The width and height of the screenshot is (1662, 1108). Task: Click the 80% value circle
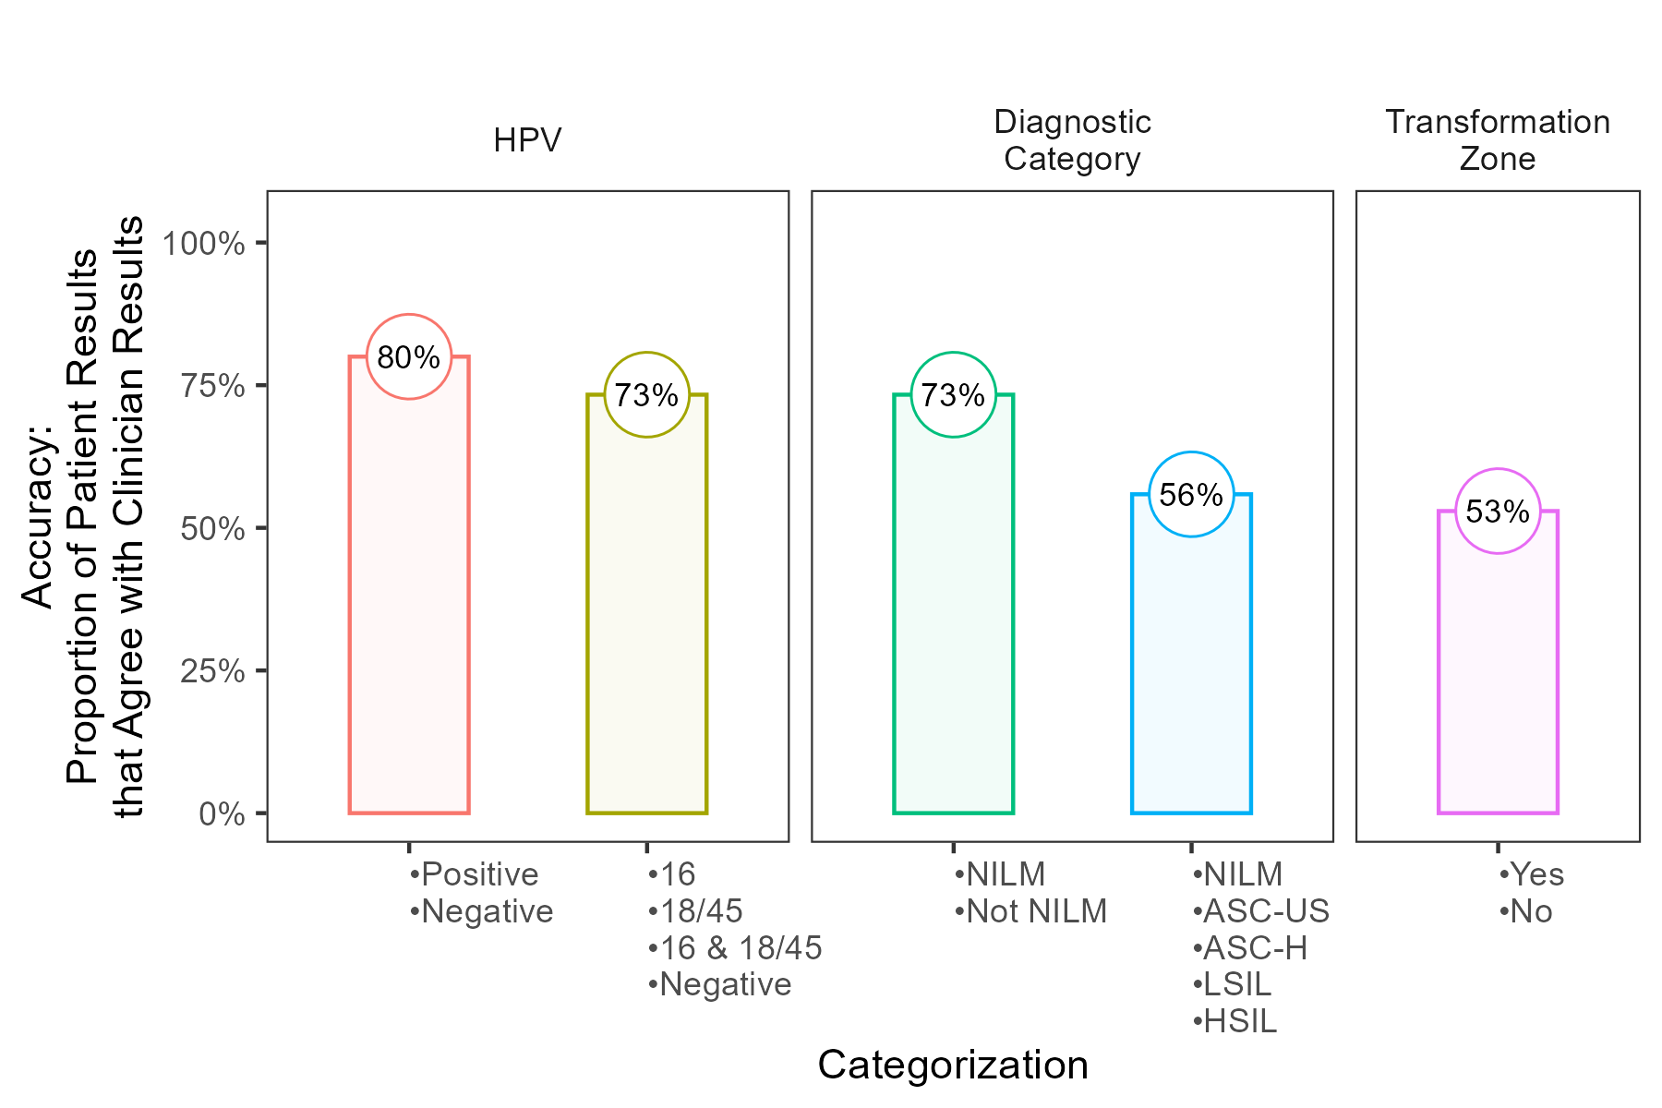409,357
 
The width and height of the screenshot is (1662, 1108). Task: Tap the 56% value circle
1191,495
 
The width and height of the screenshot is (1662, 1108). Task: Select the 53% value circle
1498,512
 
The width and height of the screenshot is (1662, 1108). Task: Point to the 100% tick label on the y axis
203,244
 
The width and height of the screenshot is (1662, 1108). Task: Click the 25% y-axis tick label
212,671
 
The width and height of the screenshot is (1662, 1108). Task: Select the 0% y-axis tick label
222,814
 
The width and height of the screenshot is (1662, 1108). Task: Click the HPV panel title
527,140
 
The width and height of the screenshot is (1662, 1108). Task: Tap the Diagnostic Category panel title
1072,140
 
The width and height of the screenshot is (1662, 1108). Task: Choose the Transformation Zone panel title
1498,140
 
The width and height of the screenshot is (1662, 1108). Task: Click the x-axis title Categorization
953,1065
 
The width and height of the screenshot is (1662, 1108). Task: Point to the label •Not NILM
1030,911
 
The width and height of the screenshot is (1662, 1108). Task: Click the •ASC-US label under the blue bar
1260,911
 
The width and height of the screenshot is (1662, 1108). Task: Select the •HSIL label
1234,1021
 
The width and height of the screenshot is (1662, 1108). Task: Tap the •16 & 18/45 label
735,948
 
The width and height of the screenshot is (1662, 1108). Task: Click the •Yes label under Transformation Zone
1532,874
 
